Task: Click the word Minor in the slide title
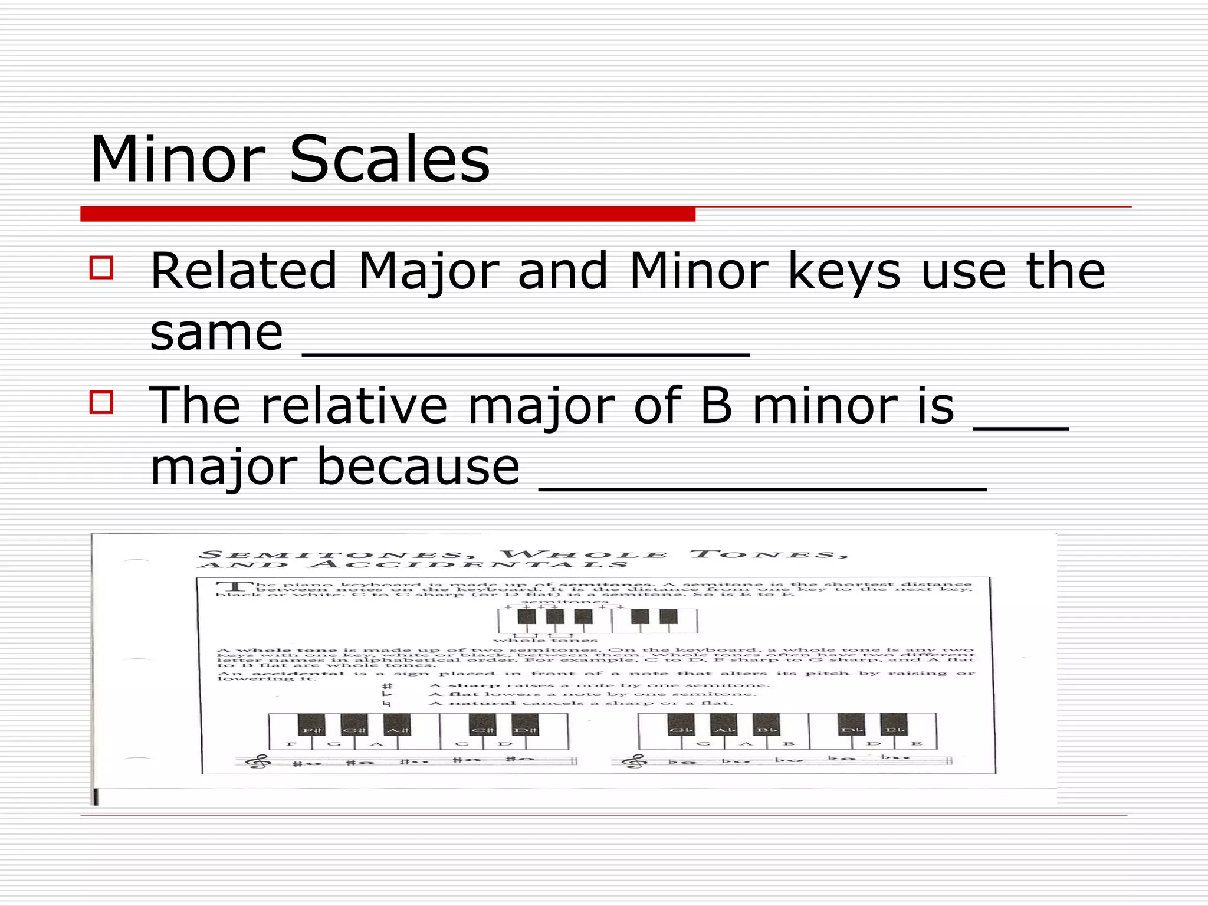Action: click(x=178, y=159)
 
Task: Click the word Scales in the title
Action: click(x=390, y=159)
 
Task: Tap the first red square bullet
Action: click(x=101, y=267)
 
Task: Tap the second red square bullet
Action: click(x=101, y=402)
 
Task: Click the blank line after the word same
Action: click(x=526, y=353)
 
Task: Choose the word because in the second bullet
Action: click(x=418, y=467)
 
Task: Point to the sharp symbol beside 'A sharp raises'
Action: click(x=387, y=686)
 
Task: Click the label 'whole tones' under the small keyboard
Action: click(x=545, y=640)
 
